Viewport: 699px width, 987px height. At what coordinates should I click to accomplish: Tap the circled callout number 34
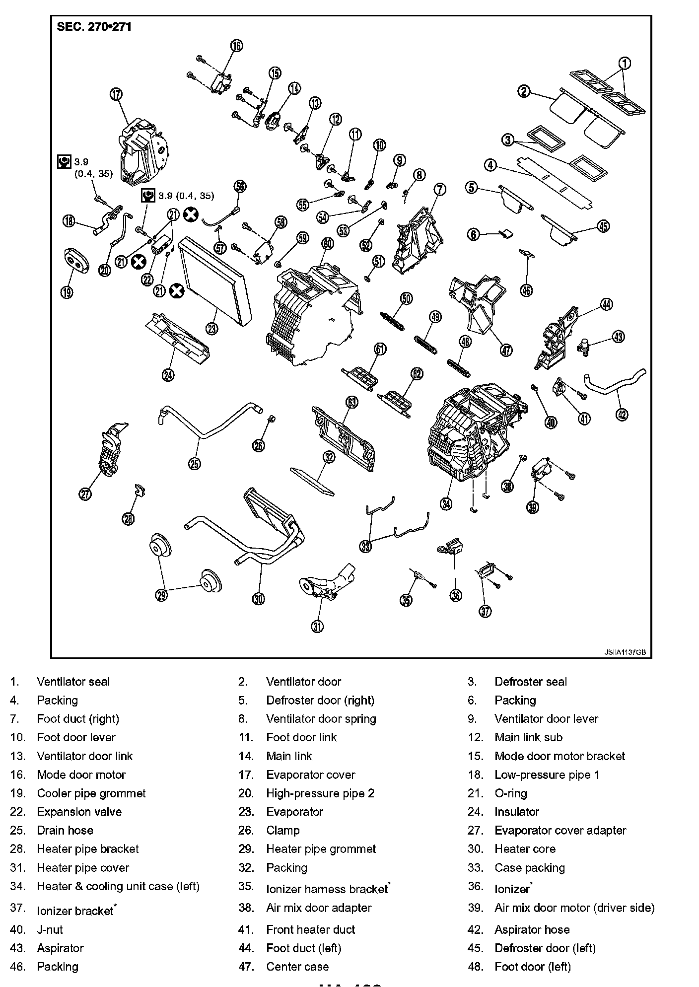point(446,503)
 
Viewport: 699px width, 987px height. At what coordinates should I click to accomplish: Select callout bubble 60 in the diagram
point(328,244)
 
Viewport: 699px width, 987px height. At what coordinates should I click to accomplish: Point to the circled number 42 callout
point(622,414)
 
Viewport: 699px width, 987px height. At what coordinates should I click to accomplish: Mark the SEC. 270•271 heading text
point(94,27)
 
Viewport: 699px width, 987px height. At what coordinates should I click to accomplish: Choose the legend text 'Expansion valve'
point(79,812)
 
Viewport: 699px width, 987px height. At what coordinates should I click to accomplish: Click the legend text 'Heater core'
point(525,849)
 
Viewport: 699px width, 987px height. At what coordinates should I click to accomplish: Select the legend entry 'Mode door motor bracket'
point(559,756)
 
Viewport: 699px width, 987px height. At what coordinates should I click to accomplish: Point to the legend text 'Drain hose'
point(65,830)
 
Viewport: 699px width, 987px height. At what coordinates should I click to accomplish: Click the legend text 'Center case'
point(297,967)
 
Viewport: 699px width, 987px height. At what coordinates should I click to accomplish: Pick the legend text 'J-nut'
point(50,929)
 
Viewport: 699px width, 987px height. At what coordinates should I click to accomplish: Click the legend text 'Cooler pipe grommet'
point(91,793)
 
